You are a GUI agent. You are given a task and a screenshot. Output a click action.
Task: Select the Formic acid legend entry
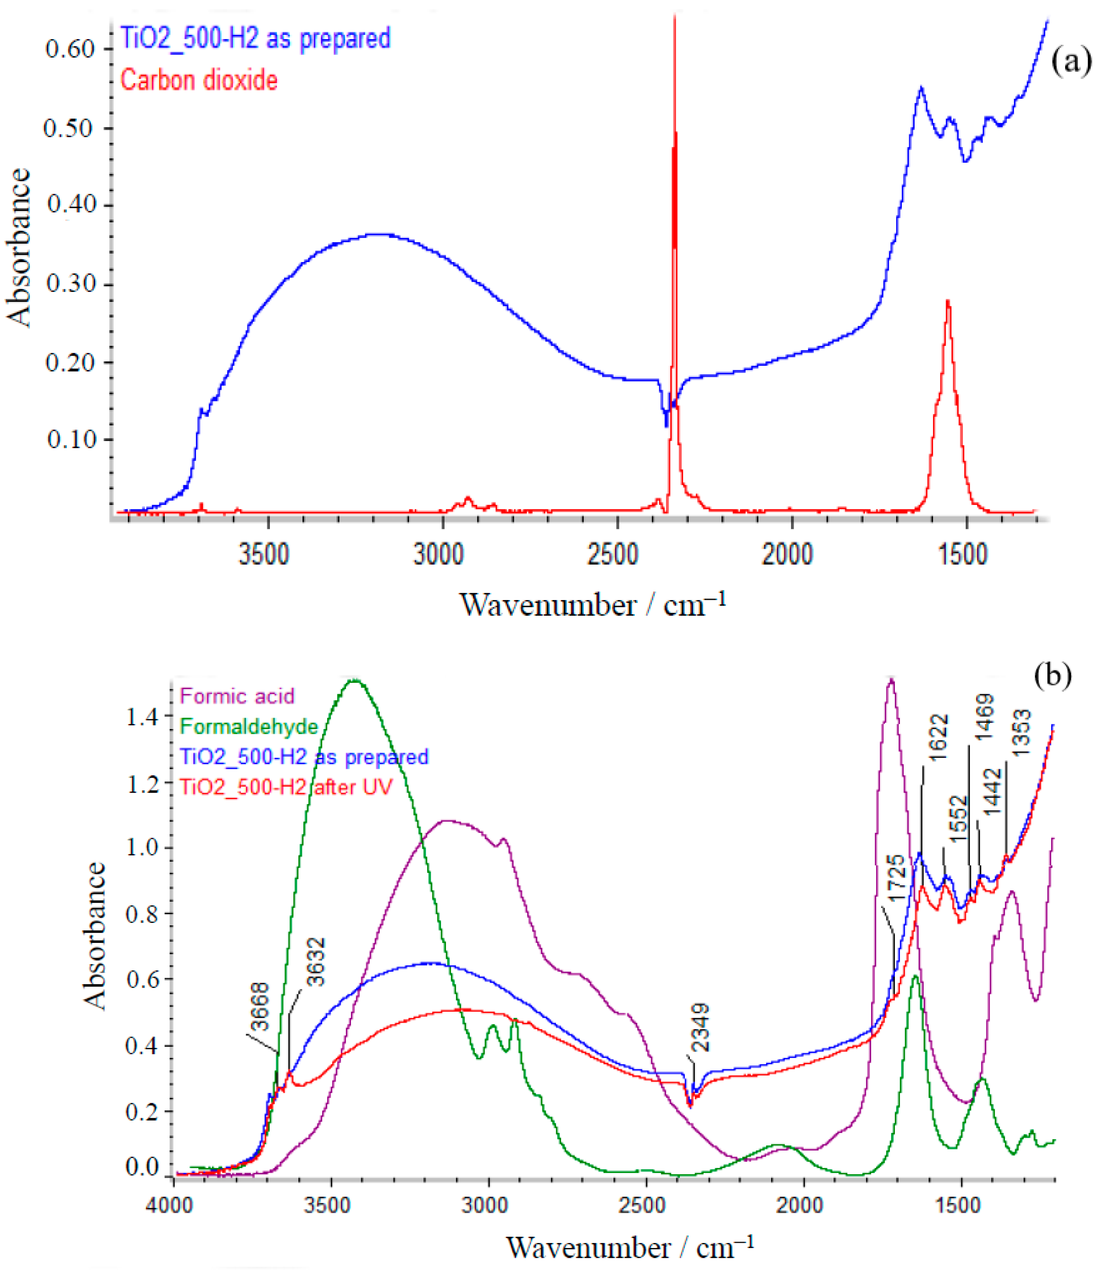237,696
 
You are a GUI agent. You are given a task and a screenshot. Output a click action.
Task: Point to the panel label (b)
1053,675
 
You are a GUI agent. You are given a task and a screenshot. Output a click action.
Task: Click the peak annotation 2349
700,1028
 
